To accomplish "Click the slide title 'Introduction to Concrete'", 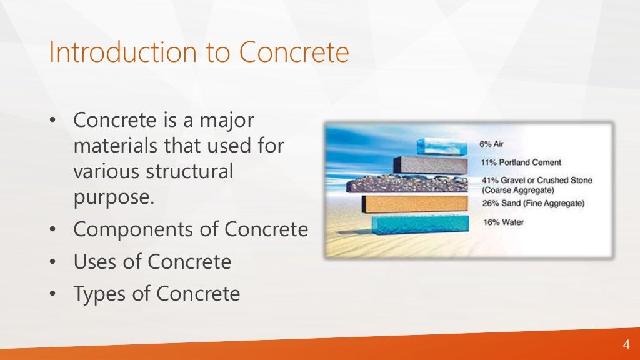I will [199, 52].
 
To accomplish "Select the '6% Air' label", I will [491, 144].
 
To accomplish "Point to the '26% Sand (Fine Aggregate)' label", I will [532, 203].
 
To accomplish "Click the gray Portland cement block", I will [430, 164].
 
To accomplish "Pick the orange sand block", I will [415, 204].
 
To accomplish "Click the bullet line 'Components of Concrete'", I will [191, 229].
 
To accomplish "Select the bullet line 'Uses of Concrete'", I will [152, 261].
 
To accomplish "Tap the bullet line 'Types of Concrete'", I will [156, 293].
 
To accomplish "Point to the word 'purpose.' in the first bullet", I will [113, 197].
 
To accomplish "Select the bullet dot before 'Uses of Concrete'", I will [54, 261].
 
